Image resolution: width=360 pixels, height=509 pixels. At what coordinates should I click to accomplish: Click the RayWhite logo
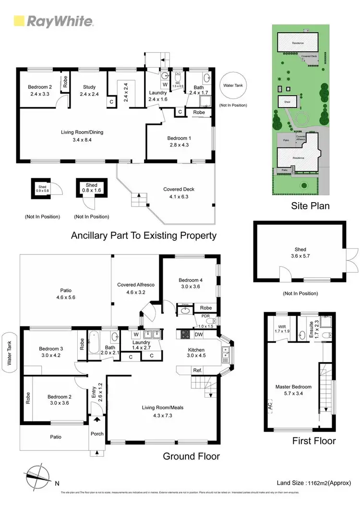[53, 21]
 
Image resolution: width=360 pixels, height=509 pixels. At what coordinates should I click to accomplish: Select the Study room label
[89, 90]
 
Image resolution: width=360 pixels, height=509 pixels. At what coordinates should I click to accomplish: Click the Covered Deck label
[179, 192]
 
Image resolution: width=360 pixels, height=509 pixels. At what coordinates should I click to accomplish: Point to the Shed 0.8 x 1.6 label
[91, 188]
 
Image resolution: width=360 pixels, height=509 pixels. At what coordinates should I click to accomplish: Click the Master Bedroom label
[293, 389]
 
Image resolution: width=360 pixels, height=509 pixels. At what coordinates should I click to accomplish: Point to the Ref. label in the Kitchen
[197, 370]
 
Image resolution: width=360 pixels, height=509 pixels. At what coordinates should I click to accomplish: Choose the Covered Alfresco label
[136, 288]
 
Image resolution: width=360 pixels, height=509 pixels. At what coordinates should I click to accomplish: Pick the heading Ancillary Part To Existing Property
[144, 236]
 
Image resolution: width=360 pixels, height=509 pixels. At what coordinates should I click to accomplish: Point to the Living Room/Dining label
[82, 135]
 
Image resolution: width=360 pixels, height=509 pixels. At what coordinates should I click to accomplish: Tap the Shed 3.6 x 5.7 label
[300, 253]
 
